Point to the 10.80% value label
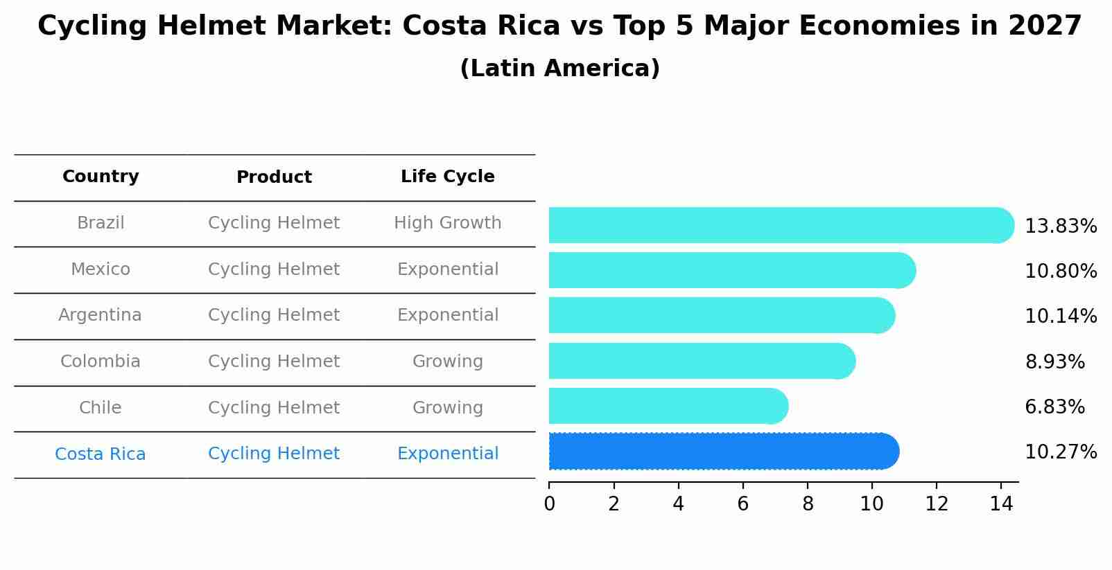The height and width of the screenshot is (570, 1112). click(1060, 271)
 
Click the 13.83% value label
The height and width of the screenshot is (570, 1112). click(1060, 226)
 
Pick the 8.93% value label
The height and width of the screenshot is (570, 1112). click(1054, 362)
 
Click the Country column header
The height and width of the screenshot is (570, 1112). click(101, 177)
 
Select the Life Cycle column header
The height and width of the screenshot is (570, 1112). click(447, 177)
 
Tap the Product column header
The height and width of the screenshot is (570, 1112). click(274, 177)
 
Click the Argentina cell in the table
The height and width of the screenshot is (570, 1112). click(100, 315)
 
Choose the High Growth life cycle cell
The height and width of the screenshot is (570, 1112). click(447, 223)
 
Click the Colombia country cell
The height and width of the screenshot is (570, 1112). click(100, 362)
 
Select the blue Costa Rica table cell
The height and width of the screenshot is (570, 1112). click(100, 454)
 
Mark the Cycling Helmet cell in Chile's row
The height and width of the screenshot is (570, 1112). click(274, 408)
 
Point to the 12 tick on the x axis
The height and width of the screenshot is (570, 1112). click(937, 504)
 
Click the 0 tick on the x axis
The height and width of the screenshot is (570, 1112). click(549, 504)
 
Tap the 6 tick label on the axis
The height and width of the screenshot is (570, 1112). click(742, 504)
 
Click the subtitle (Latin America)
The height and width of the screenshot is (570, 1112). click(559, 69)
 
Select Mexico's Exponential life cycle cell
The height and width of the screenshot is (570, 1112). click(447, 269)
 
